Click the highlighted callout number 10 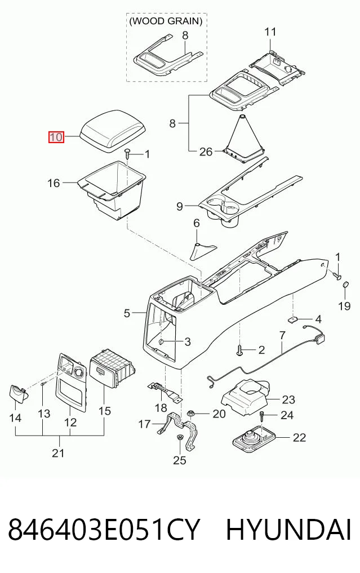(x=57, y=137)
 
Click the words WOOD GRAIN (x=166, y=21)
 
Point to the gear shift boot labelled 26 (x=243, y=138)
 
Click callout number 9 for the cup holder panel (x=180, y=206)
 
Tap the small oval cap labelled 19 (x=346, y=285)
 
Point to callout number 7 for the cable (x=282, y=335)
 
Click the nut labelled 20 (x=190, y=414)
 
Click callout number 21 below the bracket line (x=58, y=453)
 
